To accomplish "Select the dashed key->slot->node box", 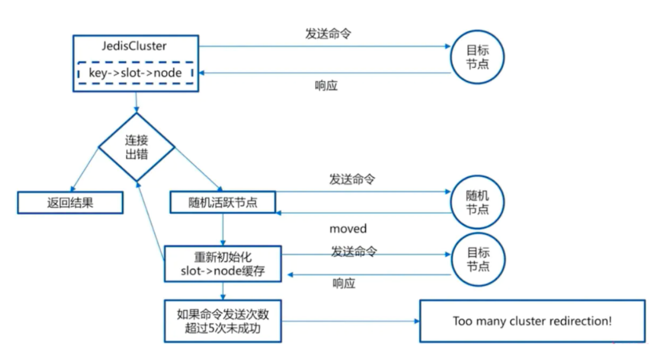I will [x=136, y=73].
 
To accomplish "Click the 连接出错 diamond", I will [x=137, y=147].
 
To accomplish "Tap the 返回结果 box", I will [x=70, y=203].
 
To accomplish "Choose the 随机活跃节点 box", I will [x=223, y=202].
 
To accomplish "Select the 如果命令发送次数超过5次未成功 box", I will [x=223, y=321].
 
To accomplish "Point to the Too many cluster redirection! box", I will [x=532, y=321].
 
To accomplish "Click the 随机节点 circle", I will [x=477, y=203].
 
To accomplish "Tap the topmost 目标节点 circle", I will [x=477, y=58].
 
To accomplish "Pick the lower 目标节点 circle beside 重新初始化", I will [x=477, y=260].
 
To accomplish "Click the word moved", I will [x=348, y=229].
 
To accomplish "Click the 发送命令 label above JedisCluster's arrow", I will [x=328, y=34].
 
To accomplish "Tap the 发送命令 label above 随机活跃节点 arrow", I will [x=352, y=179].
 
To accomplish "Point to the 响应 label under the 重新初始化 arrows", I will [x=344, y=284].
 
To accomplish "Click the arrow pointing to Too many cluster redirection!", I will [x=349, y=321].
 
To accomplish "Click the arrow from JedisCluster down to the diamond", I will [x=137, y=102].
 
